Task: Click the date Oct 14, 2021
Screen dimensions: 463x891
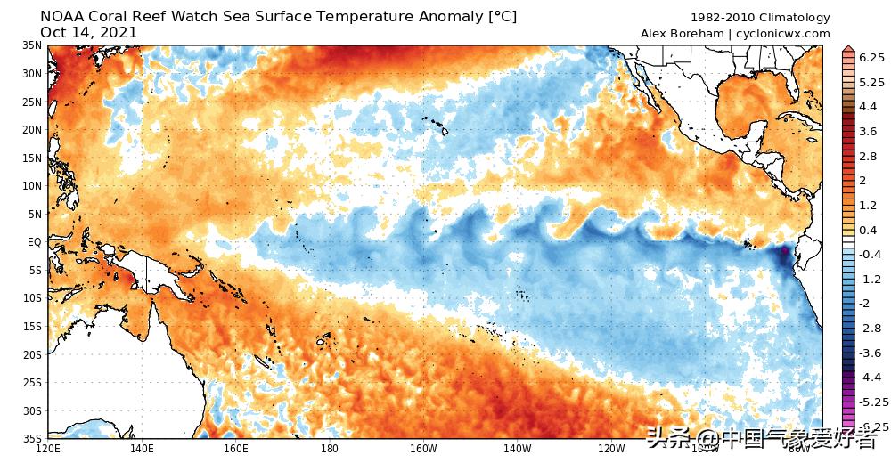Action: pyautogui.click(x=89, y=33)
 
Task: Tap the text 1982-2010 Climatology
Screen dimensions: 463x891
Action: pyautogui.click(x=760, y=18)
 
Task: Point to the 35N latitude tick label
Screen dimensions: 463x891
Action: pyautogui.click(x=32, y=45)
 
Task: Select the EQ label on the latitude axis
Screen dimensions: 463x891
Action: pyautogui.click(x=34, y=241)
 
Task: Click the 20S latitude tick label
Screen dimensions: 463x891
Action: pyautogui.click(x=32, y=354)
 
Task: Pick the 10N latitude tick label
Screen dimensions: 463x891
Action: pyautogui.click(x=32, y=185)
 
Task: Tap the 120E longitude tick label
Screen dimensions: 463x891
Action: pyautogui.click(x=47, y=448)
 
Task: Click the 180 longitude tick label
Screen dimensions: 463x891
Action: pyautogui.click(x=330, y=448)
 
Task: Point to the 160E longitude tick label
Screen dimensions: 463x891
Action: pyautogui.click(x=235, y=448)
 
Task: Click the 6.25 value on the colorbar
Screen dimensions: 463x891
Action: pyautogui.click(x=871, y=57)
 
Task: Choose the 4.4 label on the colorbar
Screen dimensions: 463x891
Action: pyautogui.click(x=867, y=107)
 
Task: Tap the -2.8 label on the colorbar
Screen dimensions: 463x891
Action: pyautogui.click(x=870, y=328)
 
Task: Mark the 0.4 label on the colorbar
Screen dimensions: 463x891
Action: pyautogui.click(x=867, y=230)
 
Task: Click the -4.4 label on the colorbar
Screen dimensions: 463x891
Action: pyautogui.click(x=870, y=377)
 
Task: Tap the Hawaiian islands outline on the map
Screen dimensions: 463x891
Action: pyautogui.click(x=436, y=126)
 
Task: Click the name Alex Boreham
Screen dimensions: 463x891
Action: pyautogui.click(x=682, y=34)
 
